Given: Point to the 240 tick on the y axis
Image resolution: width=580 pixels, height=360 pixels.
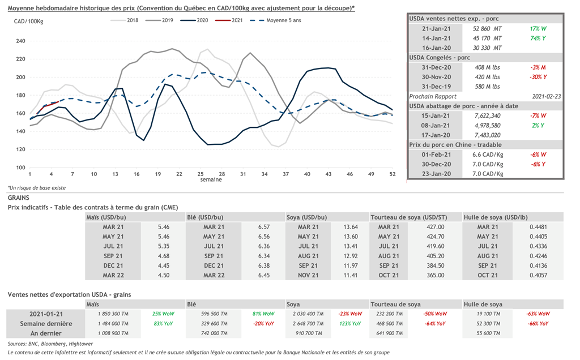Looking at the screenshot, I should pos(21,41).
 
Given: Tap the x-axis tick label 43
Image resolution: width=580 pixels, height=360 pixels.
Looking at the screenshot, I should pos(328,174).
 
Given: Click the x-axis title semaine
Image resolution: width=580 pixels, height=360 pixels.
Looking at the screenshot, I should pos(211,180).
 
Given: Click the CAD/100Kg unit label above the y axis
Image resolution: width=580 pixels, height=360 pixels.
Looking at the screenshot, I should pos(28,21).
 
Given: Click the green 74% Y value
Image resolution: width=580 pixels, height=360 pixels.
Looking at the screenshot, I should pos(538,38).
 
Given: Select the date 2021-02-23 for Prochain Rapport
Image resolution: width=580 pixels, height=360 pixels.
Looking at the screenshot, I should pos(544,96).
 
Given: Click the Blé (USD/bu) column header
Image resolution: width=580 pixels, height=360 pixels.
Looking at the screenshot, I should pos(206,217).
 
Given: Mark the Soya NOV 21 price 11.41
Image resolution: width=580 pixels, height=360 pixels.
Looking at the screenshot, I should pos(351,275).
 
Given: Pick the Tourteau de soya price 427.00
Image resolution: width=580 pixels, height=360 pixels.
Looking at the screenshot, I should pos(434,227).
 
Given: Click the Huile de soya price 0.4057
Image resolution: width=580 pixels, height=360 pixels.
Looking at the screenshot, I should pos(538,275).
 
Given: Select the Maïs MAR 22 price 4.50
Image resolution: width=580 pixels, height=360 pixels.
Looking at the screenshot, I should pos(164,275).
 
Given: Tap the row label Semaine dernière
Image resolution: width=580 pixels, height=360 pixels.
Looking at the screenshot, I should pos(45,323).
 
